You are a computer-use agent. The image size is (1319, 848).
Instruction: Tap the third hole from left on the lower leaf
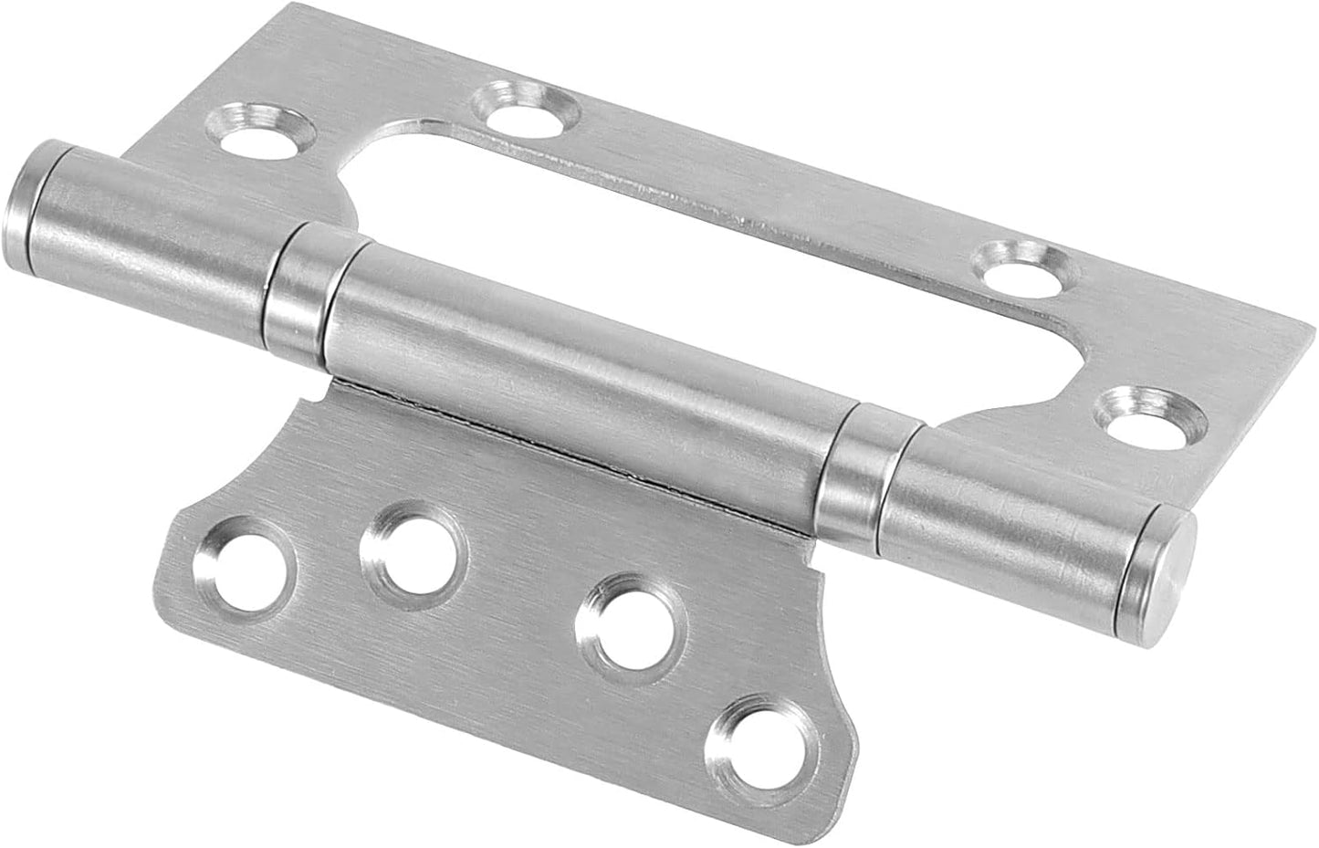coord(630,629)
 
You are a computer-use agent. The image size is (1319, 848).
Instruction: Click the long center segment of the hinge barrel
coord(584,365)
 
